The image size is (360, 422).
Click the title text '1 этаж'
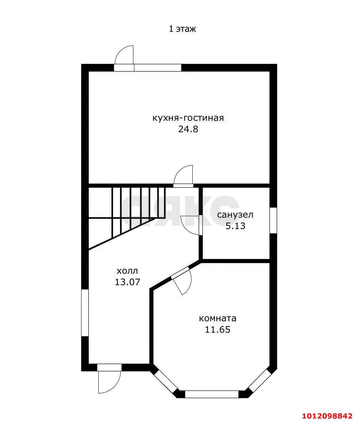[182, 29]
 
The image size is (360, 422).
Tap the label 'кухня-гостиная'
[188, 118]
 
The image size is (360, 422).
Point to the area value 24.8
[188, 129]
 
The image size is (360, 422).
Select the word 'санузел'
[235, 215]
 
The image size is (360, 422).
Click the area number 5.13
[235, 226]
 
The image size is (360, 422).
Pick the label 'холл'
[127, 270]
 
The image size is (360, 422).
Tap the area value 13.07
[127, 282]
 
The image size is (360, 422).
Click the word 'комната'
[218, 318]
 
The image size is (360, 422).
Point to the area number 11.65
[218, 330]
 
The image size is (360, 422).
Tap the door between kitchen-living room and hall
[183, 176]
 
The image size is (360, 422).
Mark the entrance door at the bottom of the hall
[109, 379]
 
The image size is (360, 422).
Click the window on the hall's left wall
[85, 313]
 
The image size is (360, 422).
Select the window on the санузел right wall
[273, 220]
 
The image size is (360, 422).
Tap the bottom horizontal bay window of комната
[212, 394]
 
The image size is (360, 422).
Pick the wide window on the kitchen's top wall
[158, 68]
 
